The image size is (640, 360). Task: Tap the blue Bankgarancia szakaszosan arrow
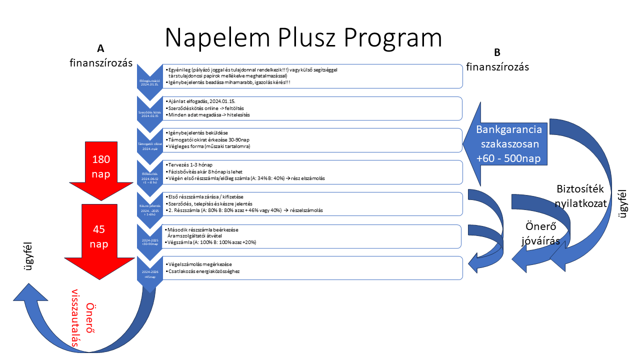point(507,144)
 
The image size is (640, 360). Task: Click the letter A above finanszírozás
point(100,48)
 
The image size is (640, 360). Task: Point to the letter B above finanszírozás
point(497,52)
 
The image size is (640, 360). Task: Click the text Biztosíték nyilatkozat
point(581,196)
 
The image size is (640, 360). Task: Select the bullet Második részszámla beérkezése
point(203,229)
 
